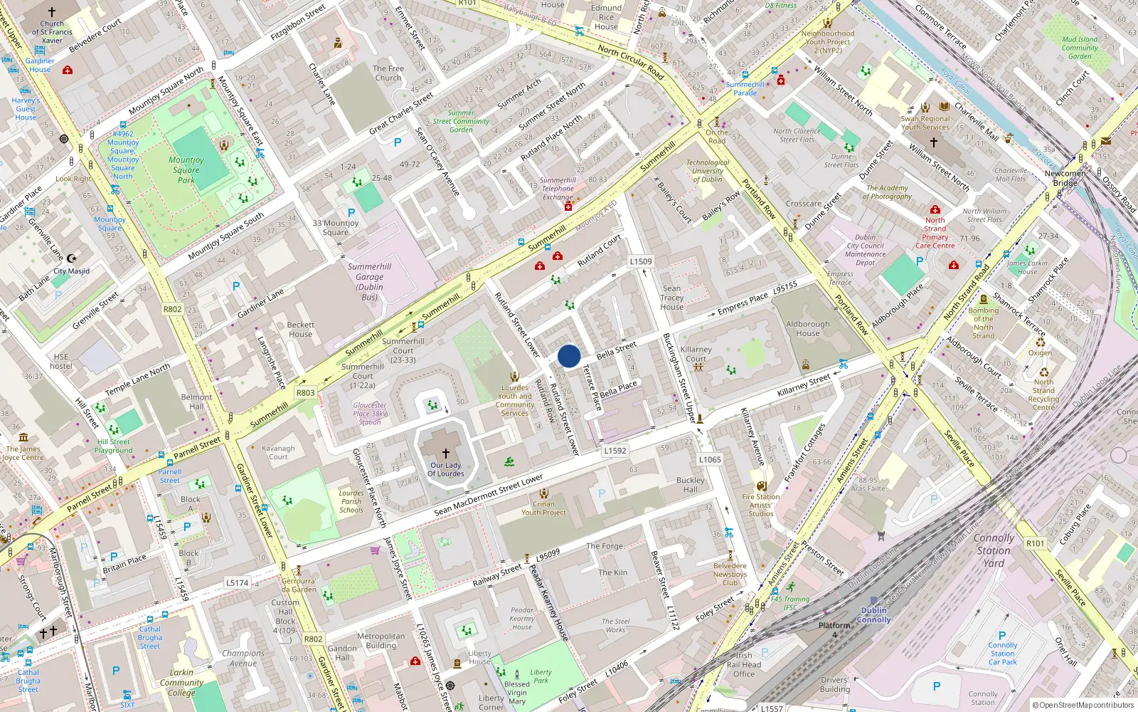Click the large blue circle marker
tap(569, 356)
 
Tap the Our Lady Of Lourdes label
tap(446, 469)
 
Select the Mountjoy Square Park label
tap(186, 170)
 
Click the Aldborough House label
tap(808, 328)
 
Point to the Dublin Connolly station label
tap(874, 614)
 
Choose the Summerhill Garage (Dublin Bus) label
tap(370, 281)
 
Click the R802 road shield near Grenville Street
tap(173, 309)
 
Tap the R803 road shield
tap(305, 392)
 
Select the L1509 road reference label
tap(641, 261)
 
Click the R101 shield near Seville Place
tap(1036, 543)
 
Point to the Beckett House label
tap(300, 329)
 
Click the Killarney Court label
tap(696, 354)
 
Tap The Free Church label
tap(388, 73)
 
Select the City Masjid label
tap(72, 271)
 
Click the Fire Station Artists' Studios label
tap(761, 505)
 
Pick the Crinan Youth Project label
tap(543, 508)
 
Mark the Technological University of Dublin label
tap(708, 171)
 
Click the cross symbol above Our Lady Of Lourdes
tap(446, 453)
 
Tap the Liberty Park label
tap(541, 676)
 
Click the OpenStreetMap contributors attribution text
tap(1083, 705)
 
